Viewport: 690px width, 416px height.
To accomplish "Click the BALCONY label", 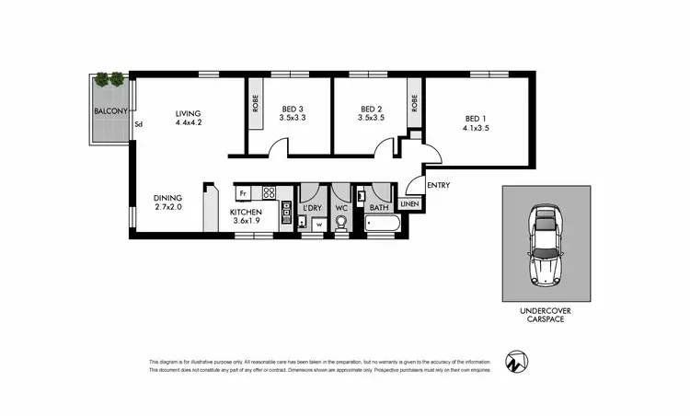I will coord(109,112).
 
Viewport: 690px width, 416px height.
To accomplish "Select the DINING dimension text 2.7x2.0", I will coord(167,208).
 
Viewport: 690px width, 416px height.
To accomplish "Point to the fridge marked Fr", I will coord(243,193).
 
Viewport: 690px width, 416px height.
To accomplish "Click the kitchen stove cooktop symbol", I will coord(270,193).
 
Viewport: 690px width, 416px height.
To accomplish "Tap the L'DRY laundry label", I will coord(313,208).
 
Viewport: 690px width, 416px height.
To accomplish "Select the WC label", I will coord(340,208).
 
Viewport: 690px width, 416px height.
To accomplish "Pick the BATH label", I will coord(379,208).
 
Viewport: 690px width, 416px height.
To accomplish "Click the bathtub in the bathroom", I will coord(379,225).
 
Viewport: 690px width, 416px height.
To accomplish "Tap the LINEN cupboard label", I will coord(409,204).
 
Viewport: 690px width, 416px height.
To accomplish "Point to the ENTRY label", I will coord(439,185).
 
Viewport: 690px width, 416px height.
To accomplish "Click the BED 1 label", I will coord(476,118).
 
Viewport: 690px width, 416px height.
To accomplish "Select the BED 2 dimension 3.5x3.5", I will coord(372,117).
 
